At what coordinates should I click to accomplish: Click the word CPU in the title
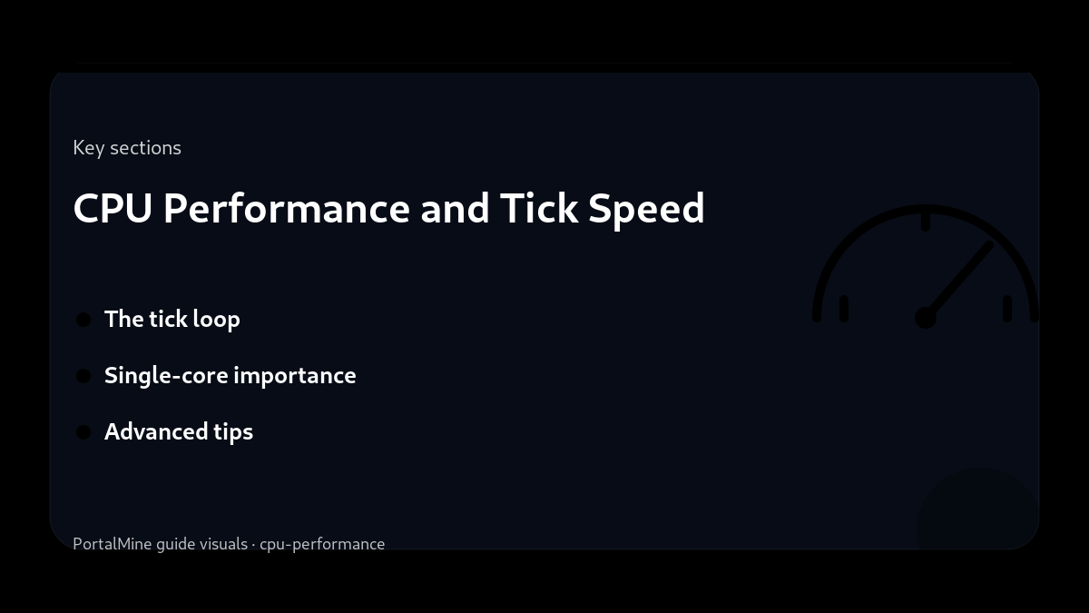(x=113, y=208)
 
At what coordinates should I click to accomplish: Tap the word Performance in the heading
(x=286, y=208)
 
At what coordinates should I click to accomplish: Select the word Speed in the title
(x=646, y=208)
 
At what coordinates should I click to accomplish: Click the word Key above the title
(x=88, y=148)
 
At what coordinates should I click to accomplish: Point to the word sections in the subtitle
(x=145, y=148)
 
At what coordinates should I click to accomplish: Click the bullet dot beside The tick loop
(x=83, y=320)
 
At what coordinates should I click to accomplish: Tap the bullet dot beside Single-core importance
(x=83, y=376)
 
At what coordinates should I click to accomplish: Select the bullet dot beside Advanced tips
(x=83, y=432)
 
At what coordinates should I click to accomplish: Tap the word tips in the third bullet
(x=233, y=432)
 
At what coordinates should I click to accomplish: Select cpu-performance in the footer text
(x=322, y=544)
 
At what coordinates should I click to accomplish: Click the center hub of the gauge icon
(x=926, y=318)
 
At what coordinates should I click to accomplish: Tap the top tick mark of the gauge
(x=926, y=221)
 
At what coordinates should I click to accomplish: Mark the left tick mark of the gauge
(x=844, y=309)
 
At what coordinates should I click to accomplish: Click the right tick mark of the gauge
(x=1007, y=309)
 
